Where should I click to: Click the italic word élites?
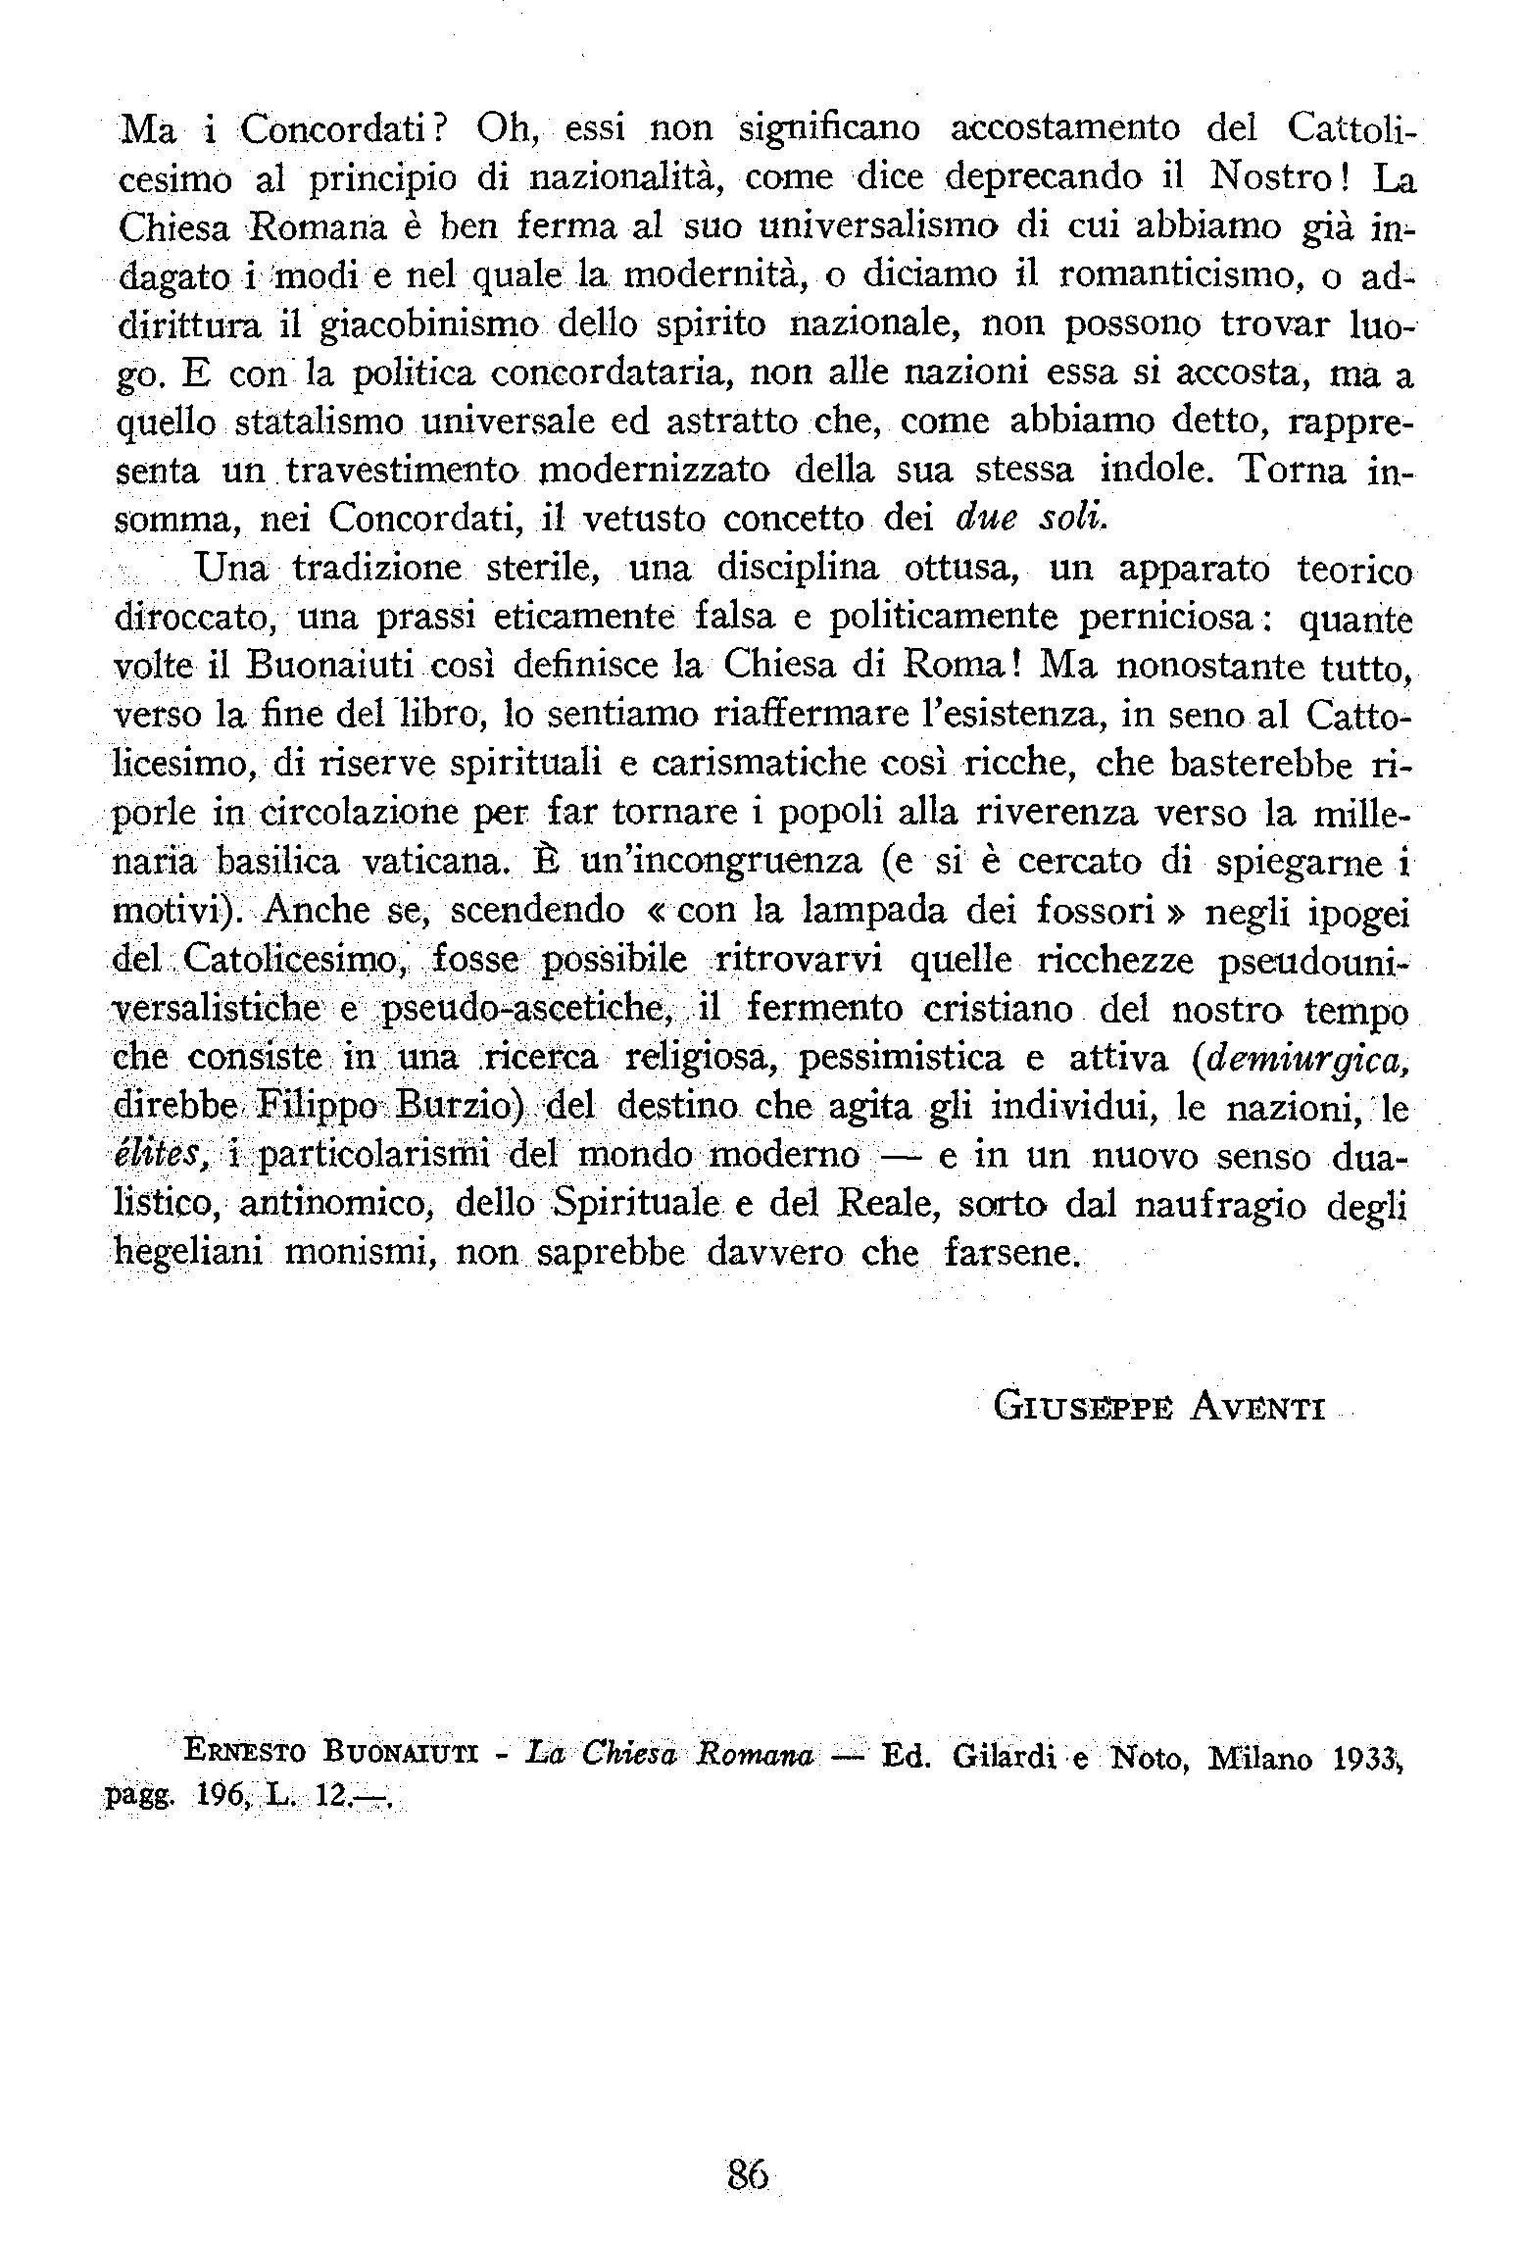tap(159, 1156)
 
